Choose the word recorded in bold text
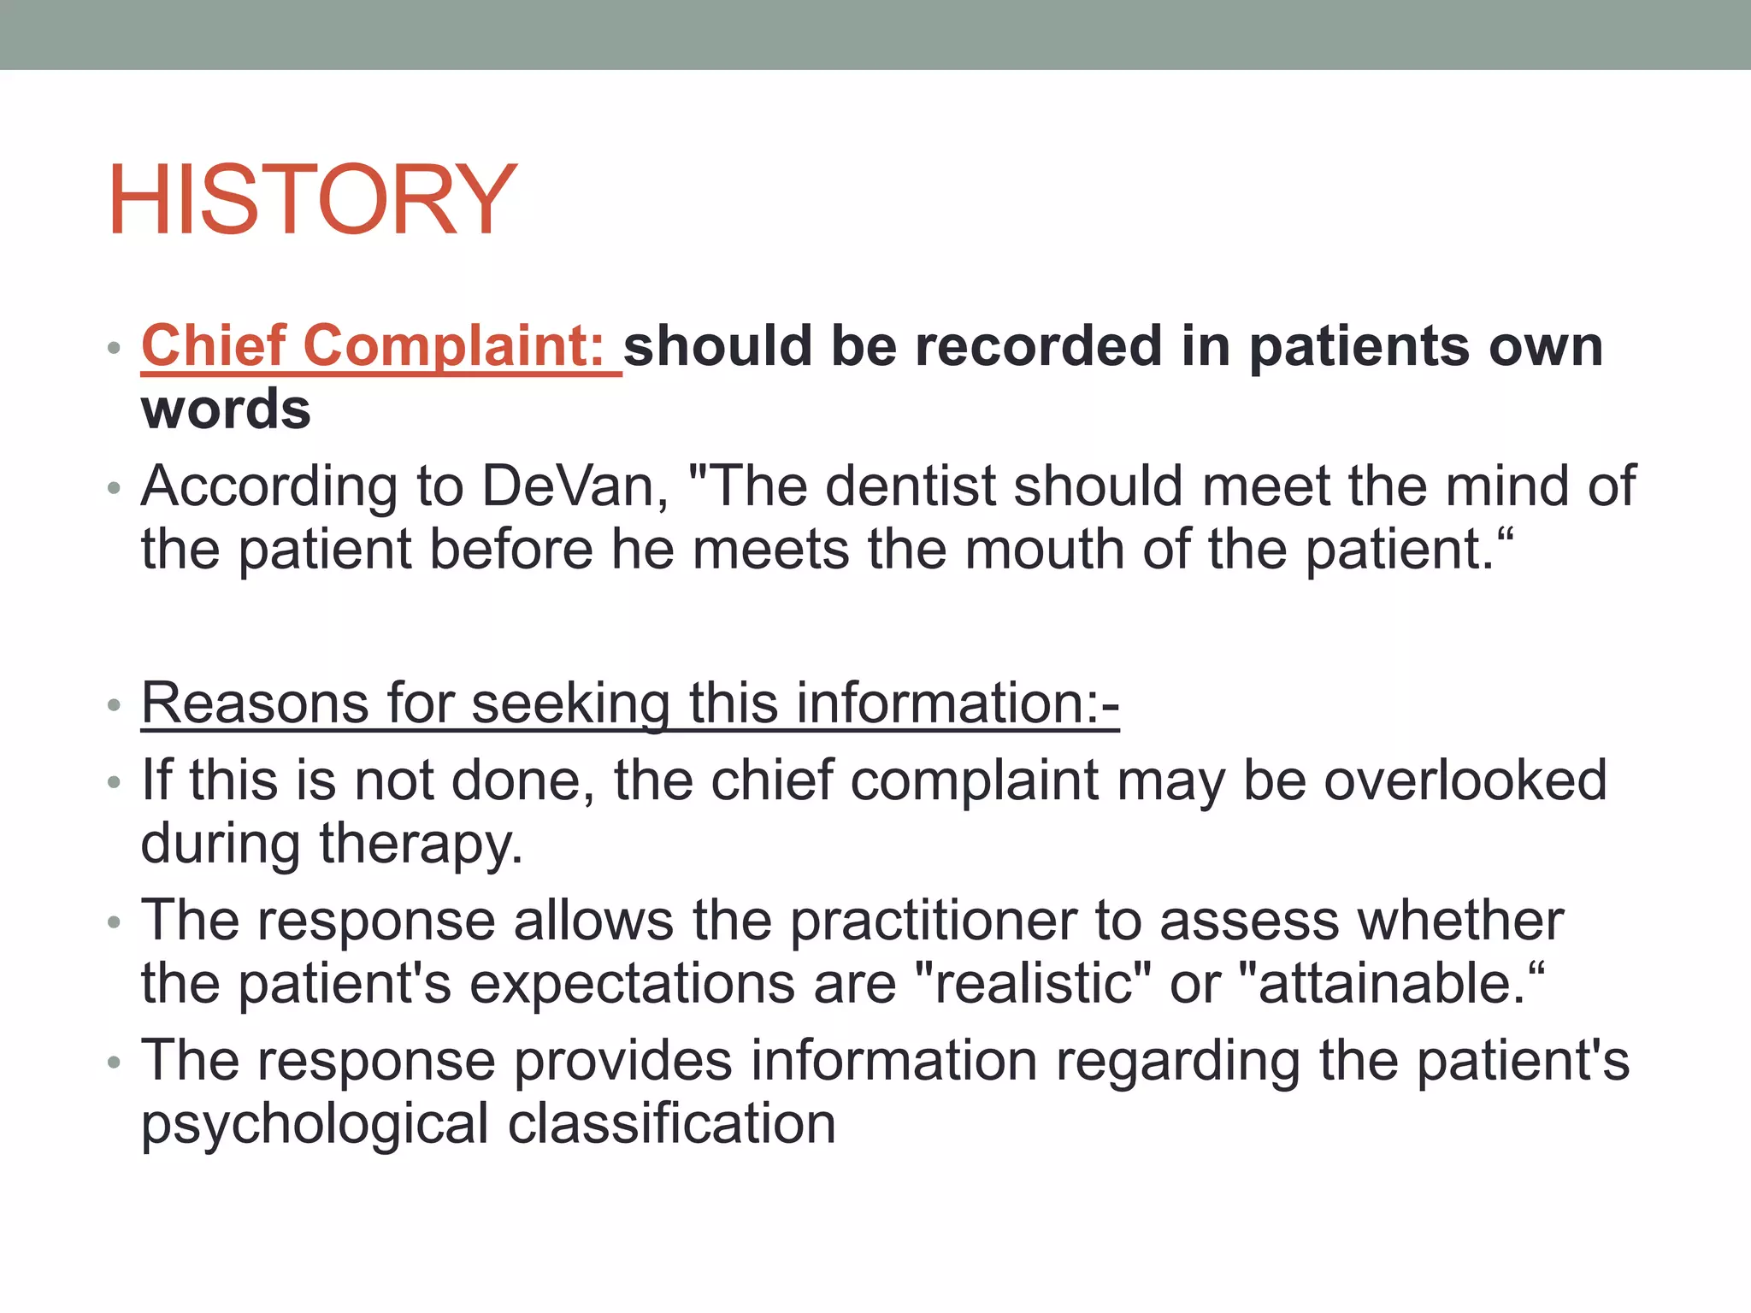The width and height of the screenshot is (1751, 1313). point(996,346)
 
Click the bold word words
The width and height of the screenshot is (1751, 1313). point(226,409)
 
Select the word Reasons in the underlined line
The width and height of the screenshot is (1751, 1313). point(255,703)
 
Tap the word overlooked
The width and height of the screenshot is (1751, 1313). point(1465,780)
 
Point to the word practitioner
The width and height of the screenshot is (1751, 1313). point(933,921)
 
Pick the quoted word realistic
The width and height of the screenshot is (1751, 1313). point(1033,983)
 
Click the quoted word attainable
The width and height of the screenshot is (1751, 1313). point(1388,983)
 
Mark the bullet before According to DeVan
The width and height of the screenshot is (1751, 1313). point(115,488)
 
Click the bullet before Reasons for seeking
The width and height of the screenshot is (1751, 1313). point(115,705)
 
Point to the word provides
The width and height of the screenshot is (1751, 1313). point(623,1061)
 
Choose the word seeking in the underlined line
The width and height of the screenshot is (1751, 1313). point(570,704)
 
